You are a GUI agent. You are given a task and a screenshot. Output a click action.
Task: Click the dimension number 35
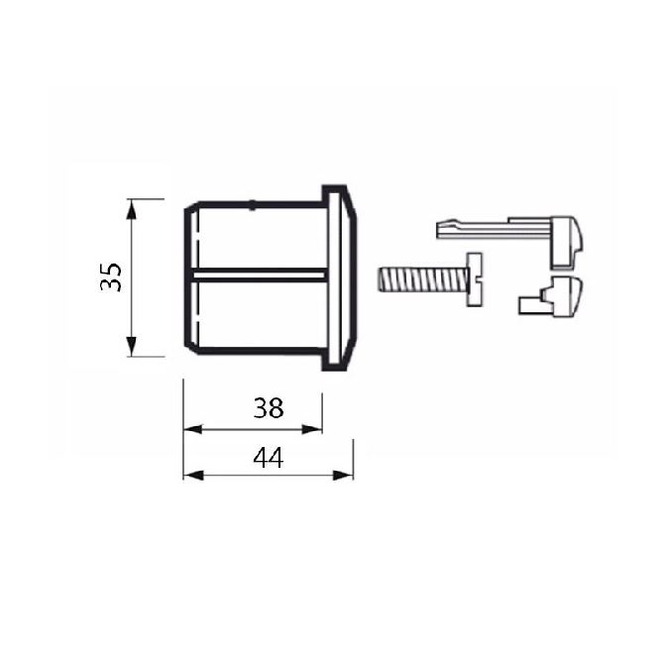pos(111,277)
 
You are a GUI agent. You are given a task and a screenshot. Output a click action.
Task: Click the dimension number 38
pos(269,408)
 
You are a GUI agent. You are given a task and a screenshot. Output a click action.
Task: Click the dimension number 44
pos(269,458)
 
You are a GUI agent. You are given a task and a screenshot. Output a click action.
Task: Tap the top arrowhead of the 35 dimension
pos(132,209)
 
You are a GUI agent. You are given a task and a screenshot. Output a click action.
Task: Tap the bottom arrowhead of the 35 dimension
pos(132,346)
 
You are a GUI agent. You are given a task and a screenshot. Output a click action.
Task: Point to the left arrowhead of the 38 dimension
pos(193,429)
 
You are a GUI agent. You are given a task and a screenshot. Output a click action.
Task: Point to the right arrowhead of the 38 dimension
pos(312,429)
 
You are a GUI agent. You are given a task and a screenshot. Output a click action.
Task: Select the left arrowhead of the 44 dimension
pos(193,476)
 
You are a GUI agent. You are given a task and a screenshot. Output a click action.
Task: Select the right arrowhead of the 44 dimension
pos(343,476)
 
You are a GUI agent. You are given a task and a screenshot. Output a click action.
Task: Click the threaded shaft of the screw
pos(421,279)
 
